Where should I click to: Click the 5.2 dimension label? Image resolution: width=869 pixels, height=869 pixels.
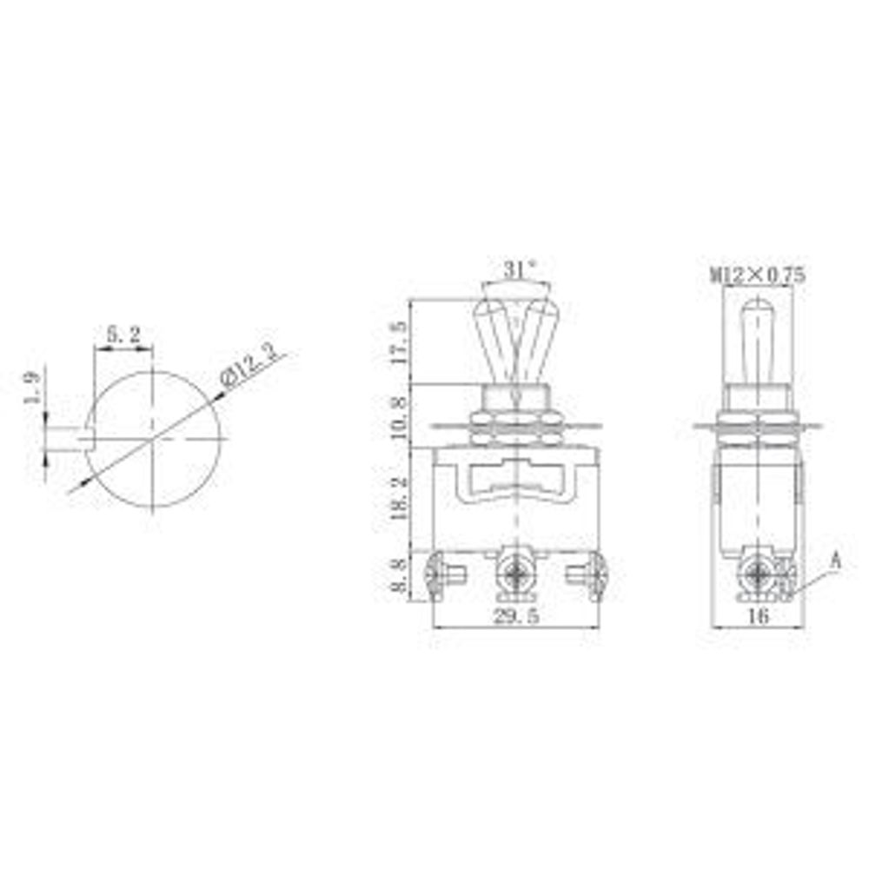[x=123, y=334]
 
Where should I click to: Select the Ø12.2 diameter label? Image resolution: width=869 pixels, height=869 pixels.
[x=254, y=367]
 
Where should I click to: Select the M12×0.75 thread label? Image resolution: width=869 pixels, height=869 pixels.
[x=759, y=275]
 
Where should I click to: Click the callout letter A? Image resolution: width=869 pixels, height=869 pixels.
[x=835, y=561]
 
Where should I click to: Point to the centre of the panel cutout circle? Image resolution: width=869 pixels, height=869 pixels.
[x=154, y=440]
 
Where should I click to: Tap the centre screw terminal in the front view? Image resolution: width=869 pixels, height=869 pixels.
[x=517, y=574]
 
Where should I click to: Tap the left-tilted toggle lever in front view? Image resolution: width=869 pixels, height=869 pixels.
[x=492, y=339]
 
